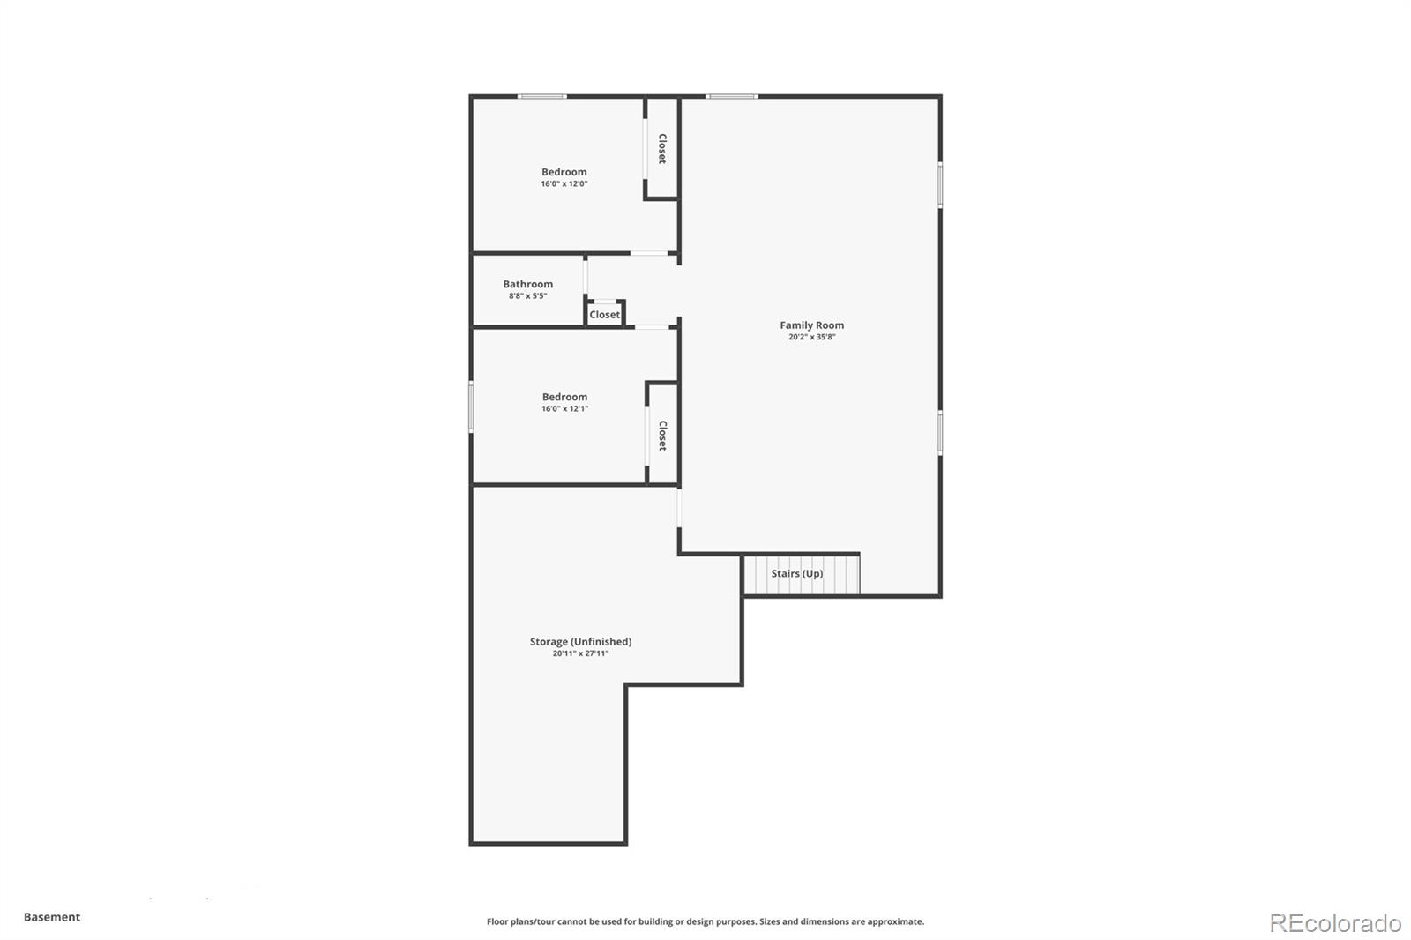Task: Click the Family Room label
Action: click(x=811, y=325)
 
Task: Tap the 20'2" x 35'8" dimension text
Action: click(x=811, y=337)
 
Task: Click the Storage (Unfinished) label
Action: click(x=580, y=642)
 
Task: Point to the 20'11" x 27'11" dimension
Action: click(x=580, y=653)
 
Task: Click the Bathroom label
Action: click(x=528, y=284)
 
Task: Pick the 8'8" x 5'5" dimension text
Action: click(x=527, y=296)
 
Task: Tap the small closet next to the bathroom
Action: click(x=605, y=314)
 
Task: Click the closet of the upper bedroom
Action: click(x=661, y=148)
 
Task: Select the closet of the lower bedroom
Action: click(x=662, y=435)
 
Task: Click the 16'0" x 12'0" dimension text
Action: click(x=564, y=184)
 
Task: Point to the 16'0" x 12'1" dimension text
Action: click(x=564, y=409)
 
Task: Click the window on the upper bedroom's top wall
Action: click(x=541, y=96)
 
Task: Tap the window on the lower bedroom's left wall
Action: click(x=471, y=407)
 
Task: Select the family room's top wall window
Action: click(x=732, y=96)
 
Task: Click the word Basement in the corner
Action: click(x=52, y=917)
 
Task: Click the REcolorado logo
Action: click(x=1335, y=923)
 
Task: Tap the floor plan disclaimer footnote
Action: click(x=705, y=921)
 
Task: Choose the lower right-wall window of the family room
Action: click(x=940, y=433)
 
